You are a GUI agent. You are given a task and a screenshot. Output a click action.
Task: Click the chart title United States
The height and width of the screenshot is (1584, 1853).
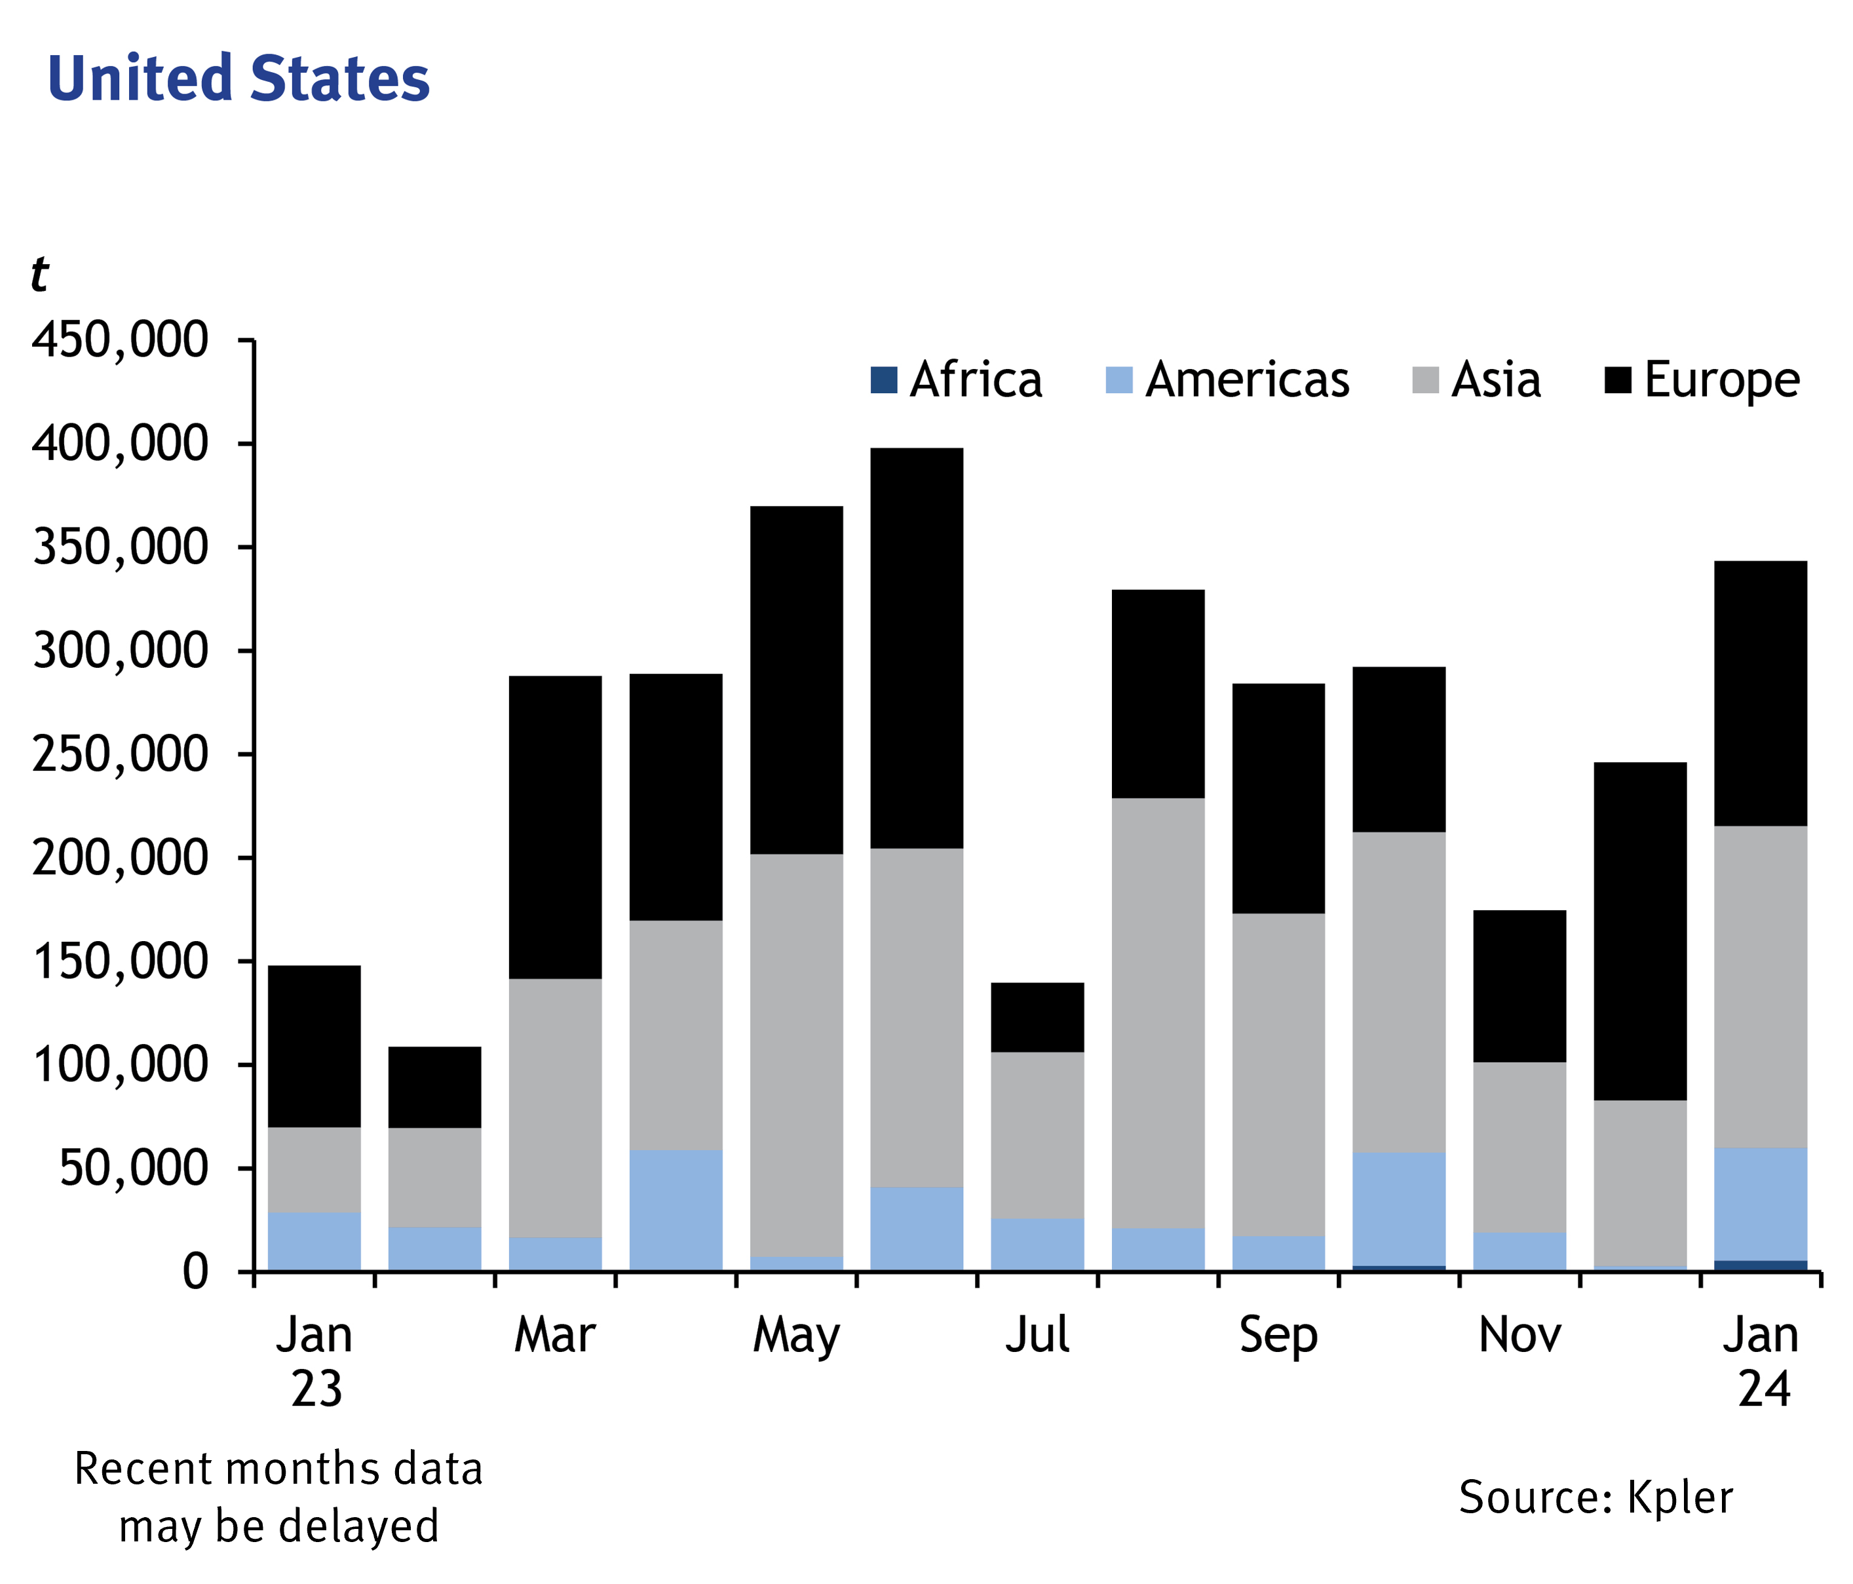(x=238, y=79)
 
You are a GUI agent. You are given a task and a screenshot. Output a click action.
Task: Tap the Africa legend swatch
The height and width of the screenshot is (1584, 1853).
(x=883, y=380)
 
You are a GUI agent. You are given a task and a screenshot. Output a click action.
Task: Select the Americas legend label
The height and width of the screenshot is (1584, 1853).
(x=1247, y=380)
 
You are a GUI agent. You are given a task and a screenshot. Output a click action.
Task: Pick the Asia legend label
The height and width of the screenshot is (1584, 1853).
(x=1496, y=380)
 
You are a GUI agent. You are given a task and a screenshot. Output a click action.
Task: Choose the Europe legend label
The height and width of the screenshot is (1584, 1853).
(x=1721, y=380)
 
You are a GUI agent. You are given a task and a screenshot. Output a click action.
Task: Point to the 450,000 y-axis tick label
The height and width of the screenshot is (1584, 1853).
(x=120, y=341)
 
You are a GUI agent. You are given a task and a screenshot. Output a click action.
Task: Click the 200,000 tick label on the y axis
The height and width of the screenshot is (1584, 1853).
(x=120, y=859)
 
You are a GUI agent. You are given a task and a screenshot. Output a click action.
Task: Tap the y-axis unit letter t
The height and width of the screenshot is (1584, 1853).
(x=39, y=274)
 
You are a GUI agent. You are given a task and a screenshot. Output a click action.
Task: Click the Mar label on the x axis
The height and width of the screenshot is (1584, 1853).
(x=554, y=1336)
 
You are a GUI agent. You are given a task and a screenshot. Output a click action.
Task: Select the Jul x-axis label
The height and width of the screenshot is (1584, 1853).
(x=1037, y=1336)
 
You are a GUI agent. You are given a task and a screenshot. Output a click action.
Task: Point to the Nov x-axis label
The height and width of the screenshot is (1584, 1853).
(x=1519, y=1336)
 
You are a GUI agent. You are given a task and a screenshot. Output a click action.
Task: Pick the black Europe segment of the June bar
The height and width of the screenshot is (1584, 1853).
(x=917, y=648)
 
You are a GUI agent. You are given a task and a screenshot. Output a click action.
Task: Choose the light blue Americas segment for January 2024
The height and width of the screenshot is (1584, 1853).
(x=1761, y=1204)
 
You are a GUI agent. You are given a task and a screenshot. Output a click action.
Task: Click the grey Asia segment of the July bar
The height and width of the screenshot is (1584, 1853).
(x=1037, y=1135)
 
